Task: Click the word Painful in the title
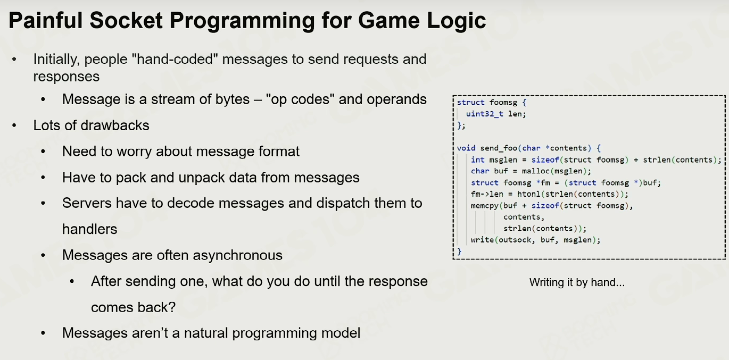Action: [x=46, y=20]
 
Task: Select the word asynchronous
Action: [x=237, y=255]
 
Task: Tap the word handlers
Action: [x=89, y=229]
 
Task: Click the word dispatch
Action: [x=343, y=204]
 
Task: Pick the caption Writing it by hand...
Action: [x=577, y=282]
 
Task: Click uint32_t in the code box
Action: [x=484, y=114]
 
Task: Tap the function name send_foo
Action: [x=499, y=148]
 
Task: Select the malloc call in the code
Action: [x=535, y=171]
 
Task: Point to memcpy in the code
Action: [x=484, y=206]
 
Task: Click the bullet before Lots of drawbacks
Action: [x=14, y=125]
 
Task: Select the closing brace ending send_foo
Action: [x=459, y=252]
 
